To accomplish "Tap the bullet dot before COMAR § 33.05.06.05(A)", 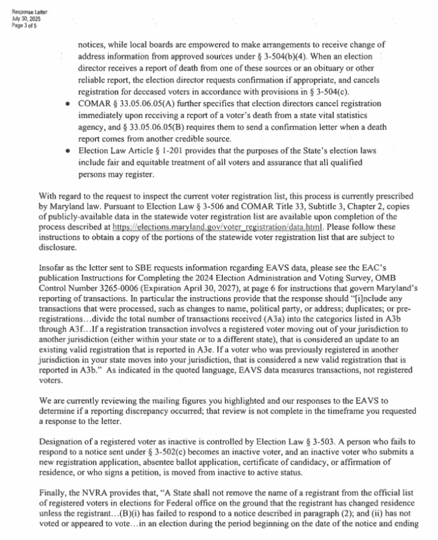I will point(66,103).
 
